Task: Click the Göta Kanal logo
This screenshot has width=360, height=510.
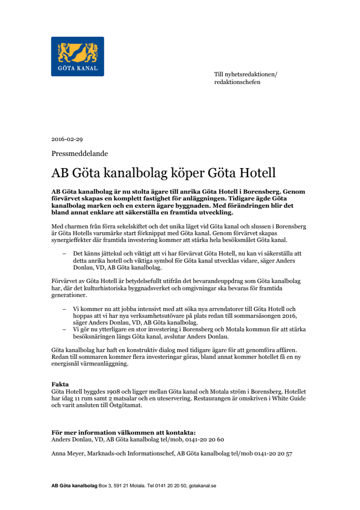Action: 78,56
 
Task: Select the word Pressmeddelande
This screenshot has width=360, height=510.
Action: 80,154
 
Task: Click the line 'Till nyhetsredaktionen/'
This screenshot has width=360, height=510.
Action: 246,74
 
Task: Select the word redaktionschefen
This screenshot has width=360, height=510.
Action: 237,82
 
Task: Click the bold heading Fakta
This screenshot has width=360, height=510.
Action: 60,384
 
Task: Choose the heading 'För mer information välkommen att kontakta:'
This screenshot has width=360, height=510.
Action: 124,433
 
